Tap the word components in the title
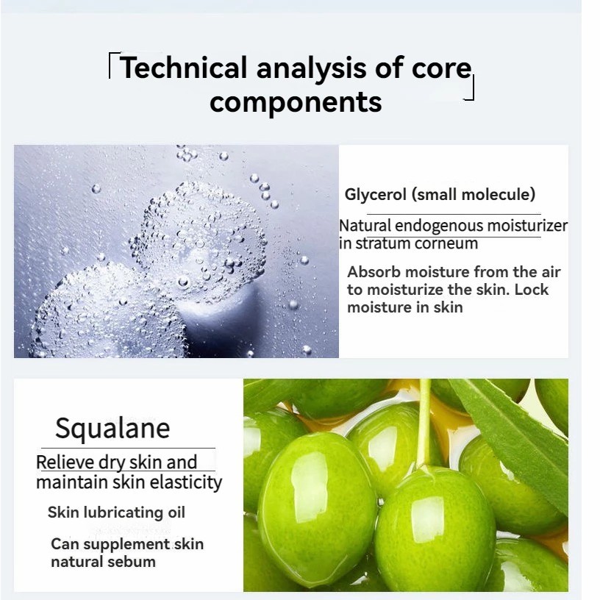click(x=296, y=101)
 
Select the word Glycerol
click(x=375, y=194)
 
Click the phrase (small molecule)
click(x=474, y=194)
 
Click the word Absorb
click(x=374, y=272)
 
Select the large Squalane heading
click(x=113, y=429)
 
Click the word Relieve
click(x=65, y=463)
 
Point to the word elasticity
click(x=185, y=482)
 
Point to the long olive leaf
click(x=512, y=440)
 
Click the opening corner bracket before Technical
click(x=114, y=65)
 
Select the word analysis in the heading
click(x=311, y=68)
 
